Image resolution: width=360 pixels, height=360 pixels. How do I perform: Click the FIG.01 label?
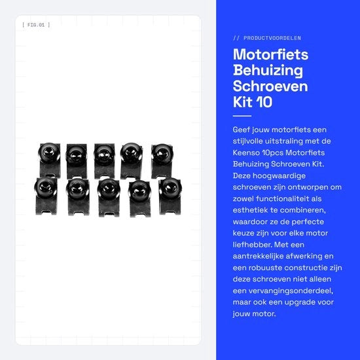point(36,25)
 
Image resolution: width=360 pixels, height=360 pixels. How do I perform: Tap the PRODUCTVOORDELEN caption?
point(272,38)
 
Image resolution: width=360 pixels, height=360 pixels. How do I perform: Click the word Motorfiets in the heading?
point(270,54)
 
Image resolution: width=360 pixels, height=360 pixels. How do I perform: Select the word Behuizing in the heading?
point(268,71)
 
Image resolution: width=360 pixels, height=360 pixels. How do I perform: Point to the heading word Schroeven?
point(270,86)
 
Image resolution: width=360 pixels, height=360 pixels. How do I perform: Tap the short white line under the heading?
point(242,116)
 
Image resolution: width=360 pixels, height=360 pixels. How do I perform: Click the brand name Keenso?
point(246,153)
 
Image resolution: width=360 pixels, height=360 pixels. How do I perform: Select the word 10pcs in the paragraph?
point(272,153)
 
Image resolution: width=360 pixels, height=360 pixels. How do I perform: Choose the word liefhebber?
point(252,245)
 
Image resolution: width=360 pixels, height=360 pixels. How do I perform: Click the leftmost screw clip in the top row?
point(49,160)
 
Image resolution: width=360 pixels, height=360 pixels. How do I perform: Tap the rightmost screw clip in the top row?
point(162,161)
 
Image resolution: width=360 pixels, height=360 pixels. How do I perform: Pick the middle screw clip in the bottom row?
point(109,198)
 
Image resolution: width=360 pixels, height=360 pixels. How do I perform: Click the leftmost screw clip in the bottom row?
point(46,196)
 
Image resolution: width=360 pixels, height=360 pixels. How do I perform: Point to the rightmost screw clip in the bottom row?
point(170,196)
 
